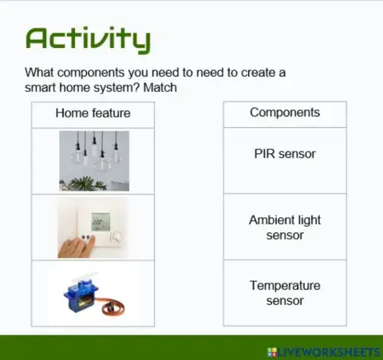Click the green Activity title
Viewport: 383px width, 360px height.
pyautogui.click(x=87, y=38)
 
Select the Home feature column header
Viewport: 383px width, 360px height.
pyautogui.click(x=93, y=113)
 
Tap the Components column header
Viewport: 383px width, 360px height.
pyautogui.click(x=284, y=113)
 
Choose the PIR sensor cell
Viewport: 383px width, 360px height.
pyautogui.click(x=284, y=154)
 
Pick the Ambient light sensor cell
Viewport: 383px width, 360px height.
pyautogui.click(x=284, y=227)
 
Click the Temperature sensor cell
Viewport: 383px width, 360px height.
pyautogui.click(x=284, y=293)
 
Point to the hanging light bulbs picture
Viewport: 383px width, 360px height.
pyautogui.click(x=93, y=160)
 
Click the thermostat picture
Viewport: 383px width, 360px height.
pyautogui.click(x=93, y=227)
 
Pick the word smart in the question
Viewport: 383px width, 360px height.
pyautogui.click(x=41, y=87)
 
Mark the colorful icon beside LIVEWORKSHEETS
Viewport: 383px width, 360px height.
pyautogui.click(x=272, y=351)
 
